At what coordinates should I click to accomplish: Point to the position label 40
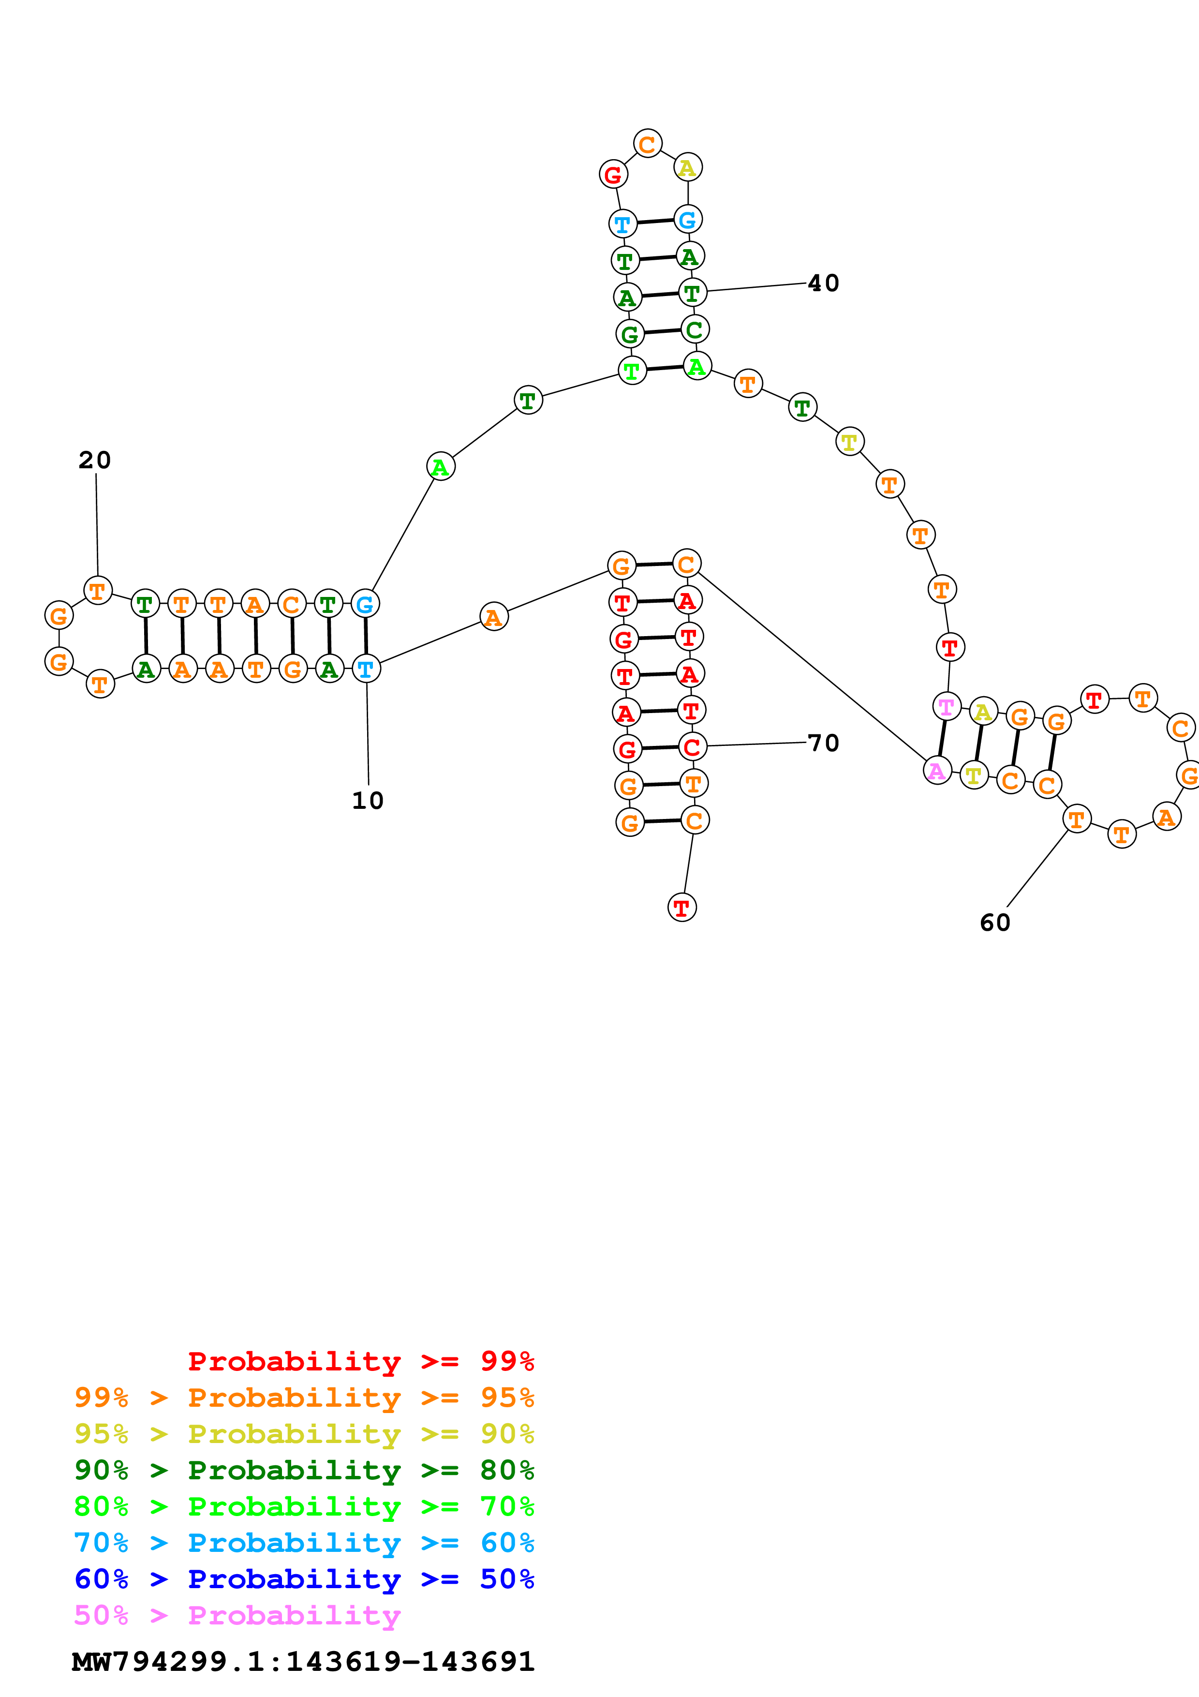tap(823, 283)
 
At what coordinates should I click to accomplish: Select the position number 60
tap(994, 923)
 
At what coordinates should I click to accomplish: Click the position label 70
tap(823, 743)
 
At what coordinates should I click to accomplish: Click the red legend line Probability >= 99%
tap(360, 1361)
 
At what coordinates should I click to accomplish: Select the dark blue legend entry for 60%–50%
tap(304, 1579)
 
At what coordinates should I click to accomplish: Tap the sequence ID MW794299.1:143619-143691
tap(303, 1661)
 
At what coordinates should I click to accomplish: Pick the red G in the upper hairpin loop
tap(613, 175)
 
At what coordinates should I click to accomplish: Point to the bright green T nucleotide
tap(632, 370)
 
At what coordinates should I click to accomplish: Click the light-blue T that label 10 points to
tap(366, 669)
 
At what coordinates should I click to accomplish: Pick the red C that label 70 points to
tap(692, 746)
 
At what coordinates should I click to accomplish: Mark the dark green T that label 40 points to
tap(692, 293)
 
